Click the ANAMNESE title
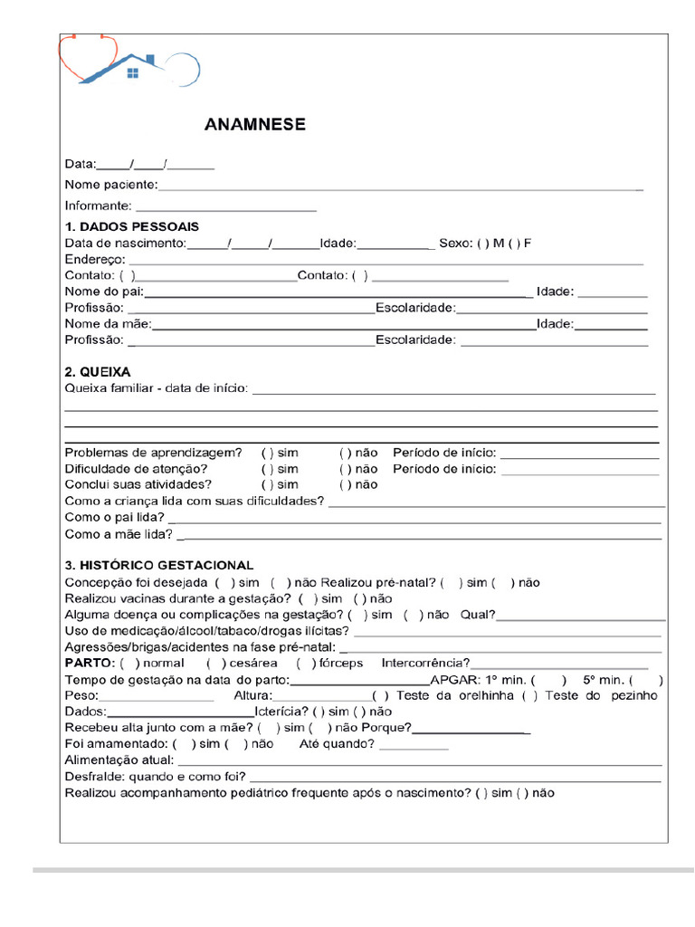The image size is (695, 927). pyautogui.click(x=254, y=125)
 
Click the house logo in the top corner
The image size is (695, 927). pyautogui.click(x=129, y=62)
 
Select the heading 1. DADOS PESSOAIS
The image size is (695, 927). pyautogui.click(x=131, y=226)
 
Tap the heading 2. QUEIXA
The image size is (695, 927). pyautogui.click(x=98, y=372)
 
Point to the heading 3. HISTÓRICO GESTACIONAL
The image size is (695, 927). pyautogui.click(x=159, y=566)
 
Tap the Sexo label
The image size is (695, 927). pyautogui.click(x=455, y=243)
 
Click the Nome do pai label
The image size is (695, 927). pyautogui.click(x=104, y=291)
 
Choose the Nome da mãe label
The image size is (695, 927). pyautogui.click(x=108, y=324)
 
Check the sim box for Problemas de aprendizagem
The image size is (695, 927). pyautogui.click(x=267, y=453)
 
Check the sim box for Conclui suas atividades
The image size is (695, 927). pyautogui.click(x=267, y=484)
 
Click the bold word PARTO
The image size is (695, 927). pyautogui.click(x=88, y=664)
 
